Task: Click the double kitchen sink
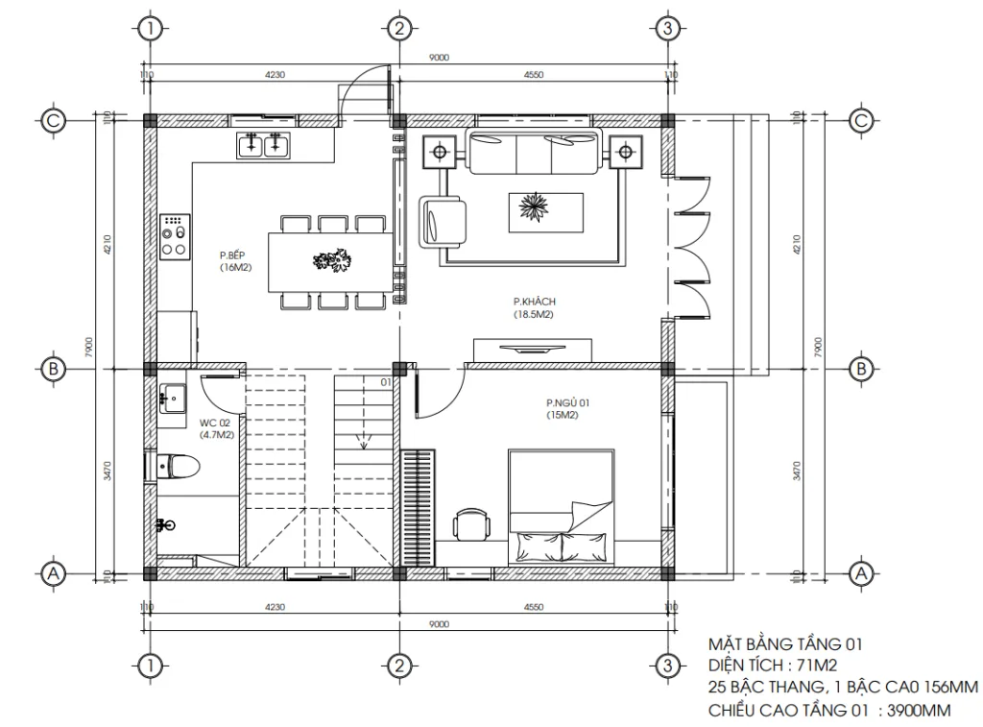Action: click(x=264, y=146)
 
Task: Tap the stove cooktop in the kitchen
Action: click(x=175, y=236)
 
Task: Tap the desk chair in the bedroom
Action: click(x=470, y=524)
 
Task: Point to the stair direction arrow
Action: click(x=364, y=443)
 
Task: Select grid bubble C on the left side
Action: click(x=54, y=120)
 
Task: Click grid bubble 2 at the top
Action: click(x=399, y=28)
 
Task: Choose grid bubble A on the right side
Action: click(x=861, y=573)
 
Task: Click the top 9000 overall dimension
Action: click(x=439, y=58)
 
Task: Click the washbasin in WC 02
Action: click(x=174, y=396)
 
